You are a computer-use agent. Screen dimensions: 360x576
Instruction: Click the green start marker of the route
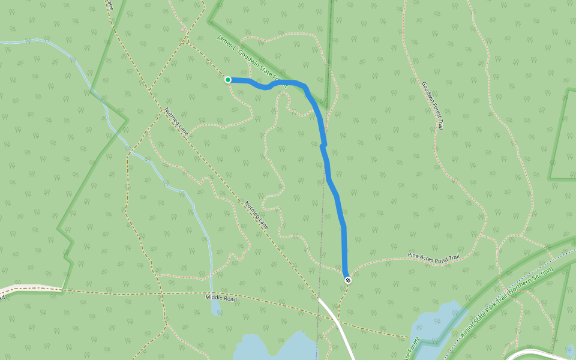coord(228,80)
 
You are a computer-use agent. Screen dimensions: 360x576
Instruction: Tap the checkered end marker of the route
coord(348,280)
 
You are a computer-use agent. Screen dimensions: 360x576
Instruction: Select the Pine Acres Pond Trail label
coord(433,257)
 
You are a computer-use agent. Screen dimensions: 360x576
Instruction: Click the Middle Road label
coord(221,298)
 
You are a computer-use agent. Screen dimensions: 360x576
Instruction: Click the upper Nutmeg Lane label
coord(176,123)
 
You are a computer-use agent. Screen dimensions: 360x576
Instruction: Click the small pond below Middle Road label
coord(215,308)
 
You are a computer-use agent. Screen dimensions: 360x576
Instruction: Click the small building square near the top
coord(183,29)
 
